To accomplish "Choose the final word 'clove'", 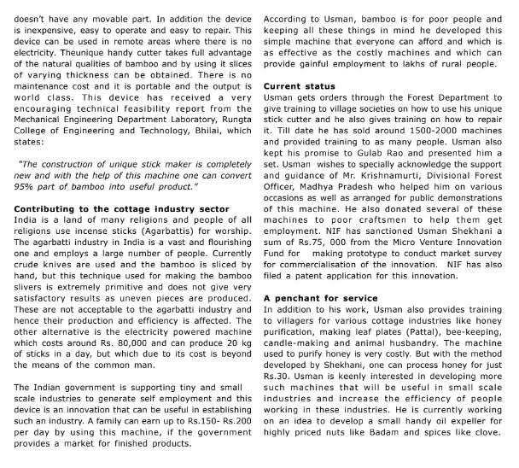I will [498, 456].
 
